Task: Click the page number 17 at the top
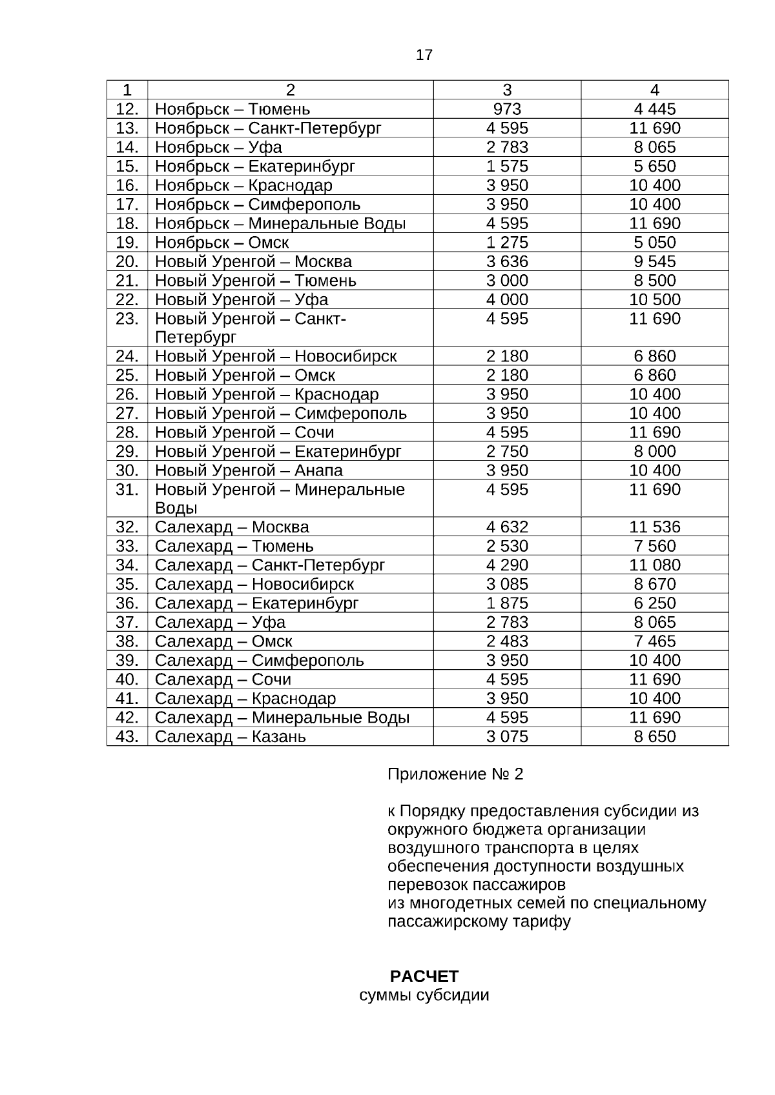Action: point(424,55)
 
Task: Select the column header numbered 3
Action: point(507,90)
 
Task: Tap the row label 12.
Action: point(127,109)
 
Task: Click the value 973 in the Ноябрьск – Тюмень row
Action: point(507,109)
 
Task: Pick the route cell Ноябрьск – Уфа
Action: point(218,147)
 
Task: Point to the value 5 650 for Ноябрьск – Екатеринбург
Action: point(655,166)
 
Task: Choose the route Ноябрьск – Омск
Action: point(222,243)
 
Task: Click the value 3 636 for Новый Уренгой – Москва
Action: point(507,261)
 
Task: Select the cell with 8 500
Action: point(655,281)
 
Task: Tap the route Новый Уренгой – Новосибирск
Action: point(276,356)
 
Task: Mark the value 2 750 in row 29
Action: point(507,452)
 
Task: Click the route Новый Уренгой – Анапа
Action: point(249,470)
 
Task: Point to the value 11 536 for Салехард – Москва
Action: point(655,527)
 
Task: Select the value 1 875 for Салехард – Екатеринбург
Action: point(507,603)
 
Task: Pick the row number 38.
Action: point(127,641)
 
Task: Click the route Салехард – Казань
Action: point(230,737)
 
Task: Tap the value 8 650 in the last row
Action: point(655,737)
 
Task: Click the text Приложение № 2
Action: point(455,774)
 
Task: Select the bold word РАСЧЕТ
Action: point(424,976)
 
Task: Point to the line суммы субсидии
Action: point(424,995)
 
